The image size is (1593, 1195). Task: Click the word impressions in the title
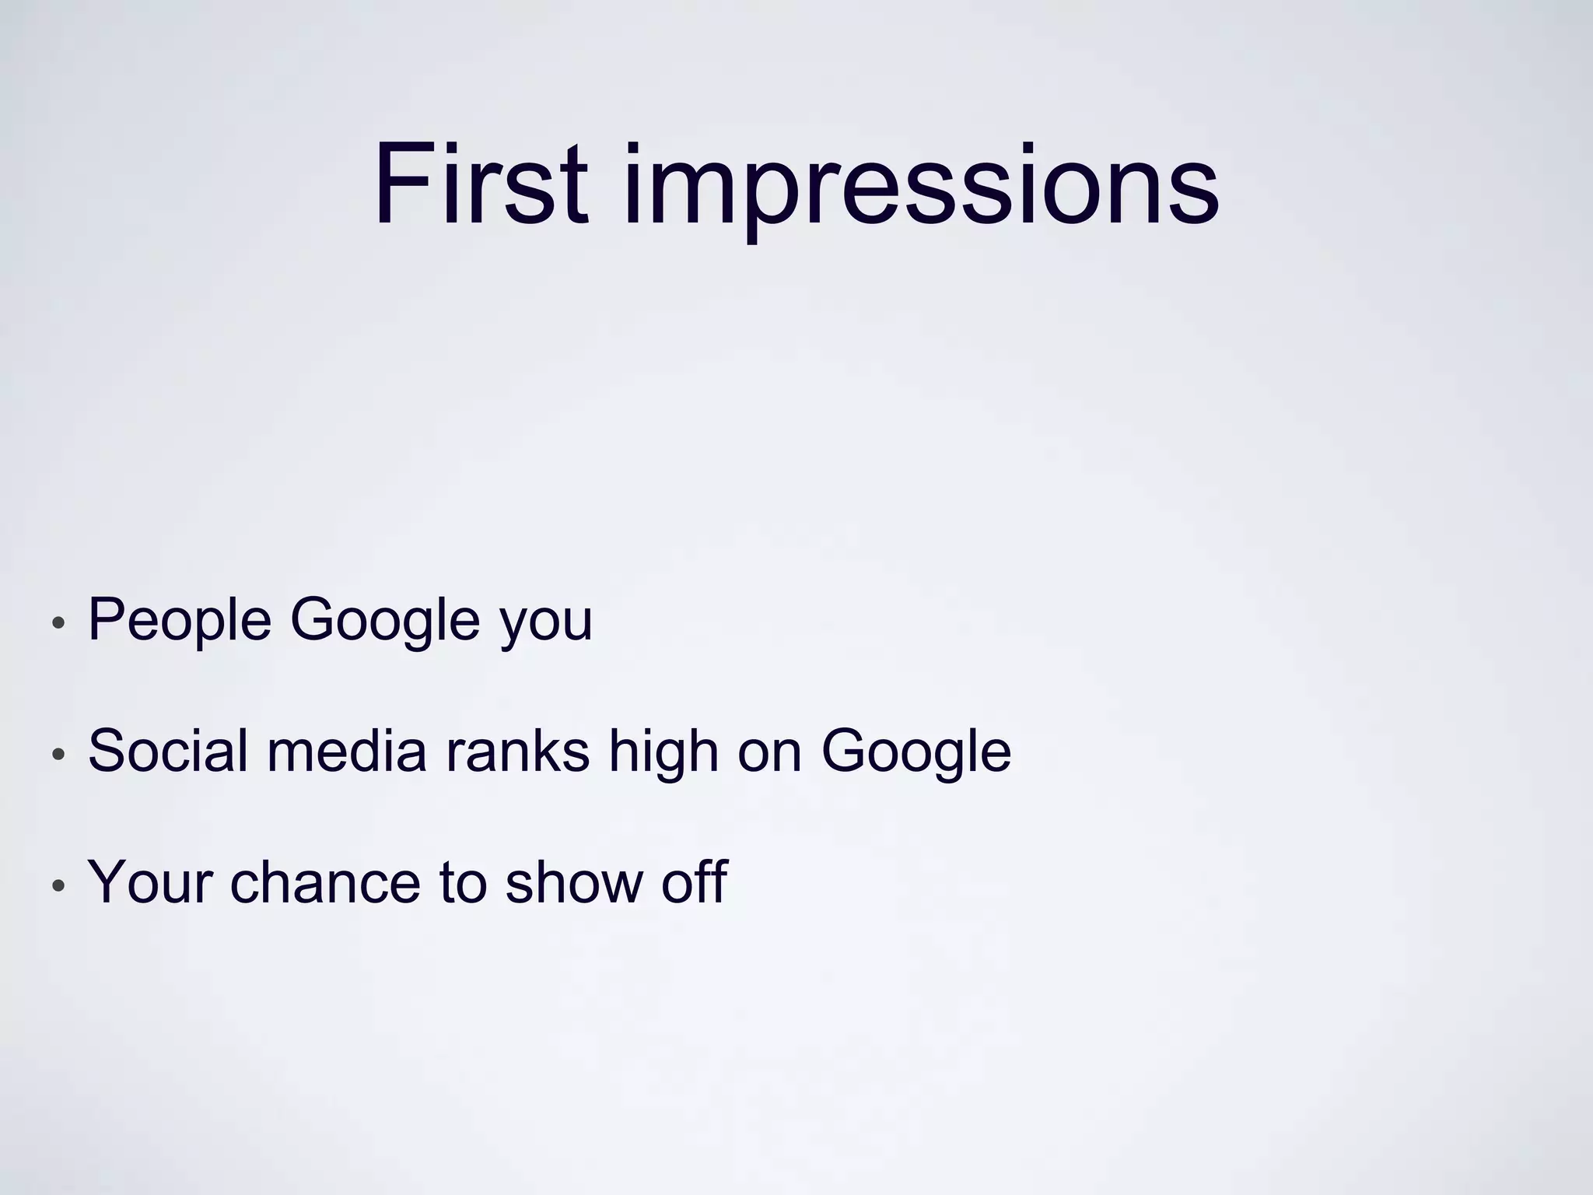(921, 187)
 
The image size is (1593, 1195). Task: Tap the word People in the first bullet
(180, 620)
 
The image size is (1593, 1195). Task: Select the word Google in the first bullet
(385, 620)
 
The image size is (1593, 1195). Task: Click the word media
(347, 752)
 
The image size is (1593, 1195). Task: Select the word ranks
(517, 752)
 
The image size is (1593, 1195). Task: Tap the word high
(663, 752)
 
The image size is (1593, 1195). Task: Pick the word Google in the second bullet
(916, 752)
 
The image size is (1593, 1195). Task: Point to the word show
(573, 882)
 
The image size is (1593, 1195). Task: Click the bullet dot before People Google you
(58, 623)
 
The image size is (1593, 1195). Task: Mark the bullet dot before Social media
(58, 755)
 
